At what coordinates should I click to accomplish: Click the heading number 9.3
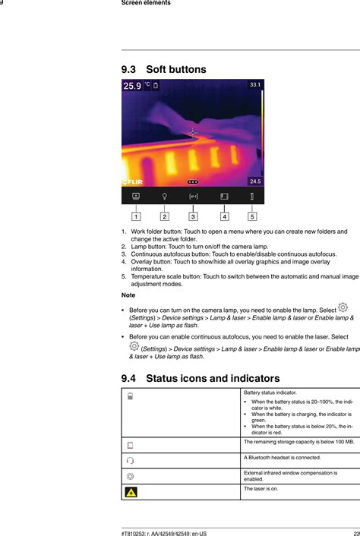(129, 70)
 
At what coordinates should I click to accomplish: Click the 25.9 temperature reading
(132, 87)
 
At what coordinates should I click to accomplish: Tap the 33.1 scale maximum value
(255, 85)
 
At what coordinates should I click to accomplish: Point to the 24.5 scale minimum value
(255, 181)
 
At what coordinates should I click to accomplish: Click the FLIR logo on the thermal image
(134, 182)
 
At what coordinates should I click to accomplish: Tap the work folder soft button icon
(135, 196)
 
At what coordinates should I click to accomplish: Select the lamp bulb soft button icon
(165, 196)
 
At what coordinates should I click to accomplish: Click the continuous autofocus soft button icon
(193, 196)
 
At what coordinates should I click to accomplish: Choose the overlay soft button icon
(224, 196)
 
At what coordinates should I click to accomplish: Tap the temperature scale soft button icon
(252, 196)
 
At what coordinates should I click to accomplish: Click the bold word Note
(128, 295)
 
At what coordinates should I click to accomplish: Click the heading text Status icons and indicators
(212, 378)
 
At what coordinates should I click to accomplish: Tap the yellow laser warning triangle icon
(131, 492)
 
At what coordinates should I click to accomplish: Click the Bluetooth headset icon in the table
(131, 460)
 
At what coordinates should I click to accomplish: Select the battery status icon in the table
(130, 396)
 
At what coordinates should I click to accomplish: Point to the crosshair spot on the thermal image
(192, 133)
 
